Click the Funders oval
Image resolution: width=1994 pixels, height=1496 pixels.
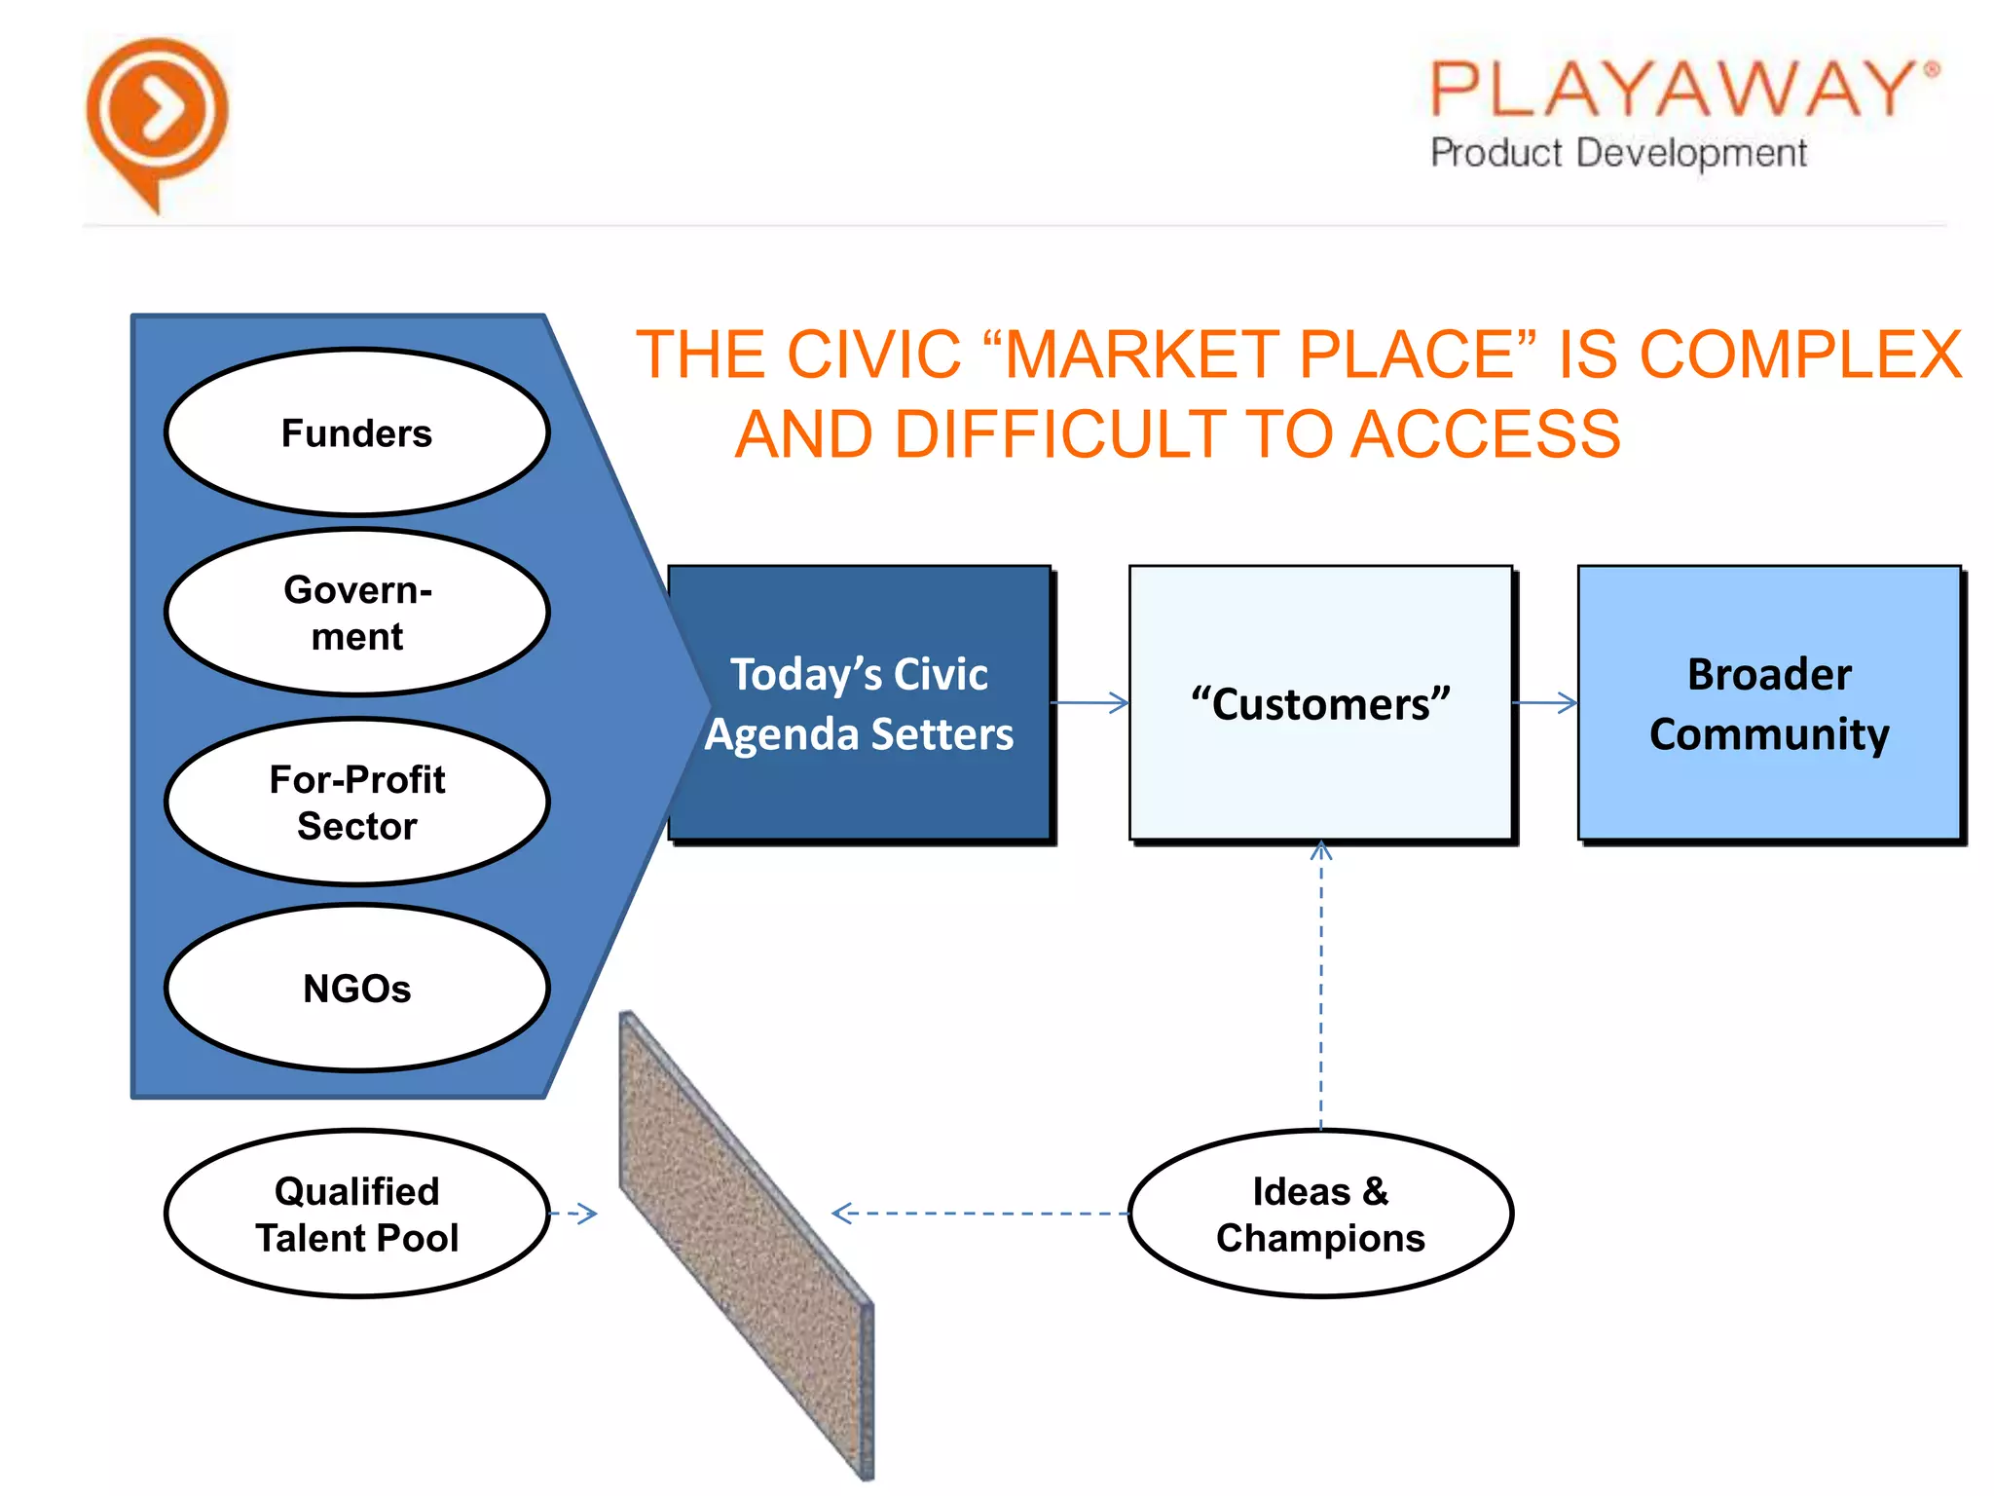(356, 432)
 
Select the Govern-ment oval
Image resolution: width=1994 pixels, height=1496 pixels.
(356, 613)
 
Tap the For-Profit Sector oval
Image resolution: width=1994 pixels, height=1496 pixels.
(356, 802)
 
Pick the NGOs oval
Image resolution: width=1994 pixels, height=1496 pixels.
(356, 988)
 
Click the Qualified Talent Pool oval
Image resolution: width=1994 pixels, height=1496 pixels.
(356, 1214)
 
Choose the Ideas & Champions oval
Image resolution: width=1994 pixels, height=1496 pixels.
(1320, 1214)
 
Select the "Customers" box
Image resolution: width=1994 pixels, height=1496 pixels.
(1320, 703)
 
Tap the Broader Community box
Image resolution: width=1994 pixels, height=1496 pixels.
(1769, 703)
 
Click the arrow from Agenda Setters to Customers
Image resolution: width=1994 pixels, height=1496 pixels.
(1090, 702)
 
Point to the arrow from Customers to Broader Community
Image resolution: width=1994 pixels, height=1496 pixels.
(1545, 702)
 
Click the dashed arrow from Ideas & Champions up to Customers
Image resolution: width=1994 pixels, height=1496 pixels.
(1321, 984)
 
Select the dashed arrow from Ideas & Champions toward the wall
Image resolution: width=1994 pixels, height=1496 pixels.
(979, 1214)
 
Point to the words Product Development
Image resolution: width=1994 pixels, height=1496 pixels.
(1618, 153)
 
